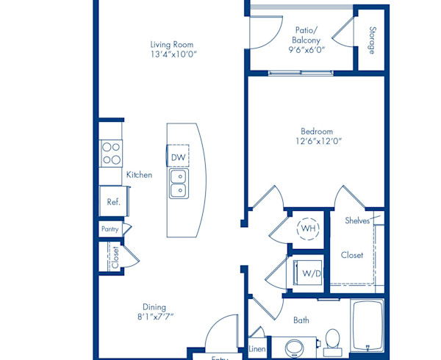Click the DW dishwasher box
click(x=178, y=157)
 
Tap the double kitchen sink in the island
click(x=178, y=184)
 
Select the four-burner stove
click(x=112, y=153)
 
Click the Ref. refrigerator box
click(x=113, y=201)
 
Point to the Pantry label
click(x=110, y=229)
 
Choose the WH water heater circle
click(x=307, y=228)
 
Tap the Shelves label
click(x=357, y=220)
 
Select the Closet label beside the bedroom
click(x=352, y=255)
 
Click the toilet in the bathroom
click(x=332, y=339)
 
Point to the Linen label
click(x=257, y=349)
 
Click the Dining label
click(x=155, y=307)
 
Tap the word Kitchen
click(x=139, y=175)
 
